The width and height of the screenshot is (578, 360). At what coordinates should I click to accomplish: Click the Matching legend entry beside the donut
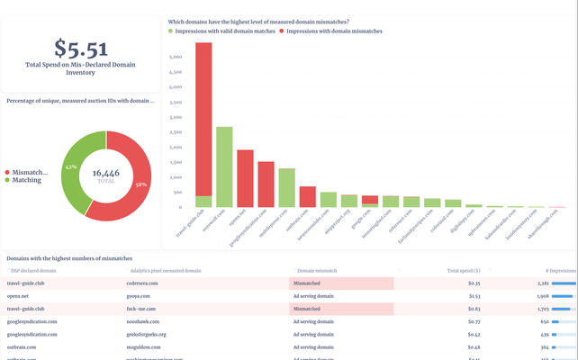click(28, 180)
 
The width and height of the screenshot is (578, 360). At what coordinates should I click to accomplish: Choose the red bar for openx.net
click(245, 179)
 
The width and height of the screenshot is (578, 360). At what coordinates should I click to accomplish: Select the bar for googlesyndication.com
click(266, 185)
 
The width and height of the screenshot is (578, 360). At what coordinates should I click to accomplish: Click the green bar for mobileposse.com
click(286, 188)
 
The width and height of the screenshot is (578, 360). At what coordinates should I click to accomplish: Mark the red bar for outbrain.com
click(307, 197)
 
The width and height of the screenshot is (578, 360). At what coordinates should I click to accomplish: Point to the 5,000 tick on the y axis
click(176, 55)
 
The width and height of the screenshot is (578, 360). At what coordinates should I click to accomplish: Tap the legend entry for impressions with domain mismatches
click(334, 31)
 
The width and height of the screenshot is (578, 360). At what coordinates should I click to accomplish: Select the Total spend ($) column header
click(464, 270)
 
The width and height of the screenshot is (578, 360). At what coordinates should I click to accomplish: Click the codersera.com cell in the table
click(143, 283)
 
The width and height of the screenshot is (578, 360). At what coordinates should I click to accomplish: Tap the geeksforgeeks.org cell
click(147, 334)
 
